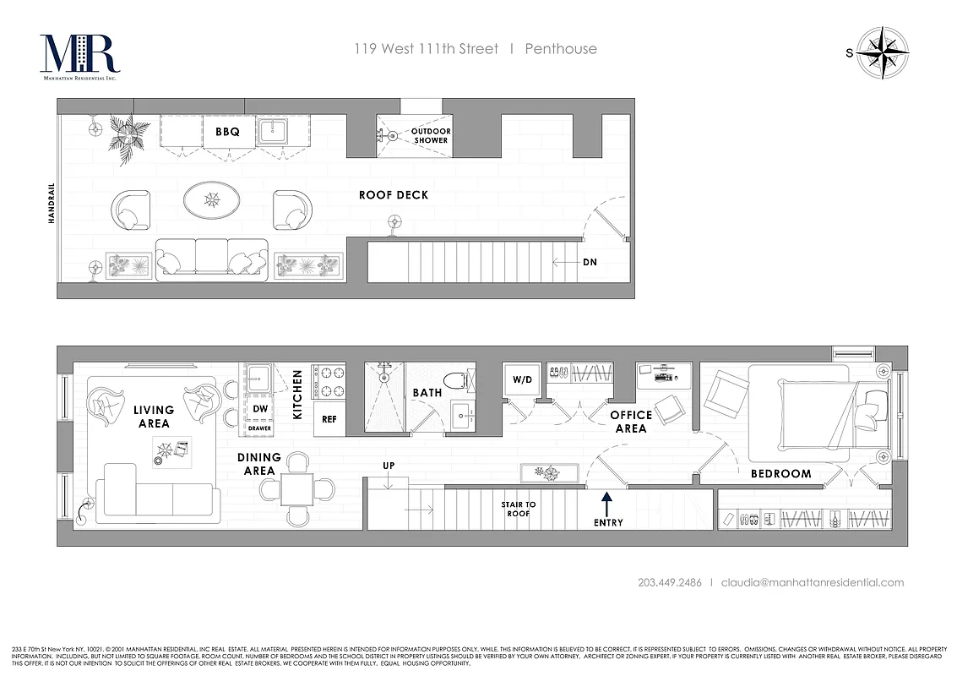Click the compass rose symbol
(x=883, y=52)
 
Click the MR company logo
(x=79, y=56)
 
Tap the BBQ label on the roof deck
(x=227, y=132)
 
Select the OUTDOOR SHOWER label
(x=431, y=136)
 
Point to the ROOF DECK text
(x=394, y=195)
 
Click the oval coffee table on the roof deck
(x=211, y=200)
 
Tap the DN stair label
(x=590, y=263)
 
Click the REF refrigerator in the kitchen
(x=329, y=419)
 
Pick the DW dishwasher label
(x=260, y=409)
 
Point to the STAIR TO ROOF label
(x=518, y=509)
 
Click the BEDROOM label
(x=780, y=474)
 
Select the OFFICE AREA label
(x=631, y=422)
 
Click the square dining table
(x=297, y=488)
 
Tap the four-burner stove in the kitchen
(x=329, y=381)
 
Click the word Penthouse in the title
(x=561, y=49)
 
